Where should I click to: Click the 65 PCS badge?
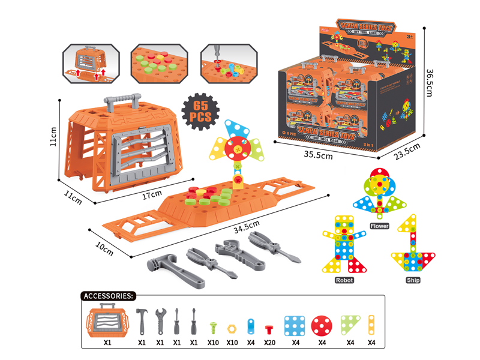click(x=199, y=109)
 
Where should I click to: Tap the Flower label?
click(x=380, y=226)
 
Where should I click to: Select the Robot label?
click(x=344, y=280)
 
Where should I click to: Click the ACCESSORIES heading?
click(x=108, y=296)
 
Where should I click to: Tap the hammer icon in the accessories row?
click(x=142, y=321)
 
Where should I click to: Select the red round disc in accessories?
click(x=322, y=323)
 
